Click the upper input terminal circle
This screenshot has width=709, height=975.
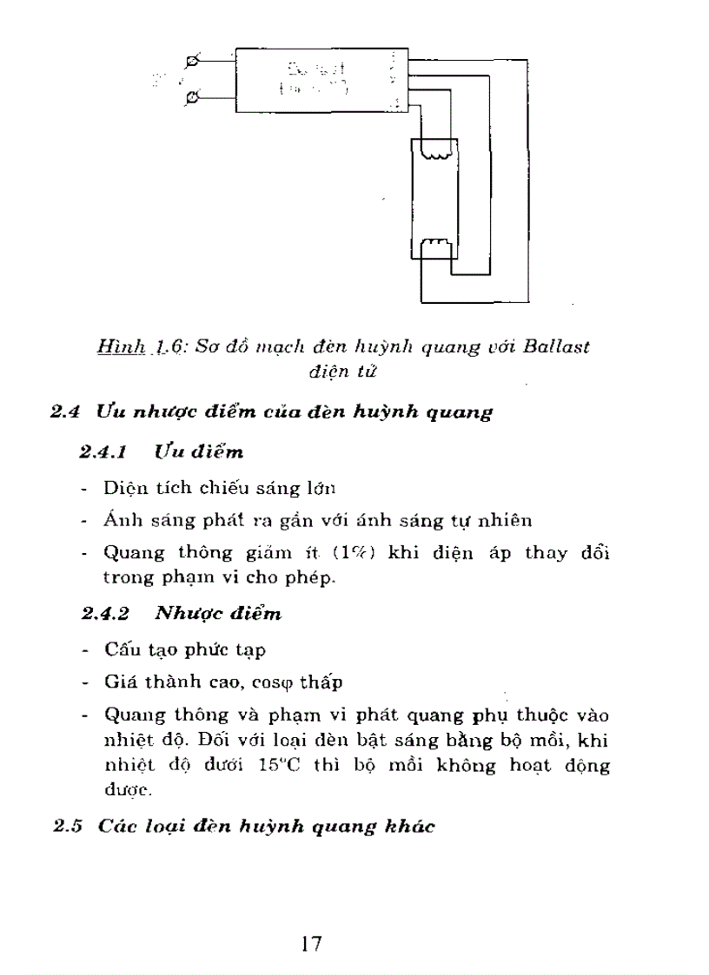pos(192,62)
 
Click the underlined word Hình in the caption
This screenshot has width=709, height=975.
pos(122,346)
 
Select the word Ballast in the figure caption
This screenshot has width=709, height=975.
pos(557,346)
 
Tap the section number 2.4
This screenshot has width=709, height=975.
pos(66,412)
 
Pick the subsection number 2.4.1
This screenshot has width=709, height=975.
pos(104,451)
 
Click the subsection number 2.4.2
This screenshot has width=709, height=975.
pos(105,613)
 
